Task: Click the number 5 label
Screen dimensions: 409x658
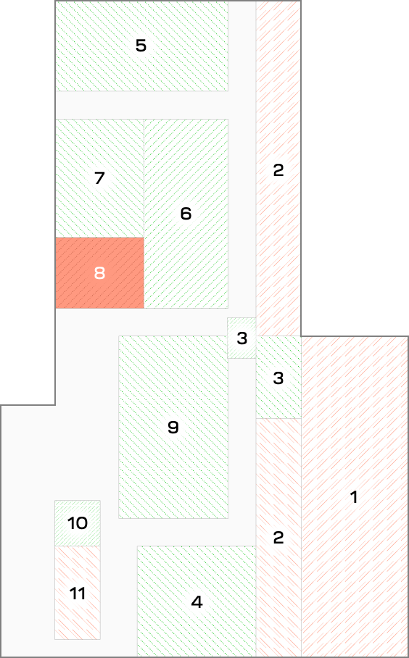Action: tap(141, 46)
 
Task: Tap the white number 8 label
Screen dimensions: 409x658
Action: tap(99, 273)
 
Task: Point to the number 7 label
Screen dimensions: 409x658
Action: tap(99, 178)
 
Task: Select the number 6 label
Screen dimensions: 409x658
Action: tap(186, 214)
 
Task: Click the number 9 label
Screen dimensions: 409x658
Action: tap(173, 428)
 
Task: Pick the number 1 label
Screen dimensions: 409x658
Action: tap(354, 497)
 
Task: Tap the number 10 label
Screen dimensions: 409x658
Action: tap(78, 523)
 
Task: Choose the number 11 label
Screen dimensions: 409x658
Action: tap(78, 594)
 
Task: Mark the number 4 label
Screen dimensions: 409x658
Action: tap(197, 602)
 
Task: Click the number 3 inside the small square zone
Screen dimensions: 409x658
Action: tap(242, 338)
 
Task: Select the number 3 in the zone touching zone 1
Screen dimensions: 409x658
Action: tap(278, 378)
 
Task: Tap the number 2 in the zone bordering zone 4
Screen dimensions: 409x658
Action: tap(278, 538)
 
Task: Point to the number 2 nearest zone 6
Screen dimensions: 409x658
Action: tap(278, 170)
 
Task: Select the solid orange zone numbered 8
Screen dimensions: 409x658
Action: tap(100, 272)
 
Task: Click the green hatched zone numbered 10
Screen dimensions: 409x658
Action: tap(78, 523)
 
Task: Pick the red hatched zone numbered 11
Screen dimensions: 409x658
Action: tap(78, 593)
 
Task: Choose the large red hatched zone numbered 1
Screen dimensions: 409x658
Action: tap(355, 496)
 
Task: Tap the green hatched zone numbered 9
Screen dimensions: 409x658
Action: tap(173, 428)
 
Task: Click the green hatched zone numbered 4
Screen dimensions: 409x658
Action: tap(197, 601)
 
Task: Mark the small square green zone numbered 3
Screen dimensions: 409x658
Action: tap(242, 338)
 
